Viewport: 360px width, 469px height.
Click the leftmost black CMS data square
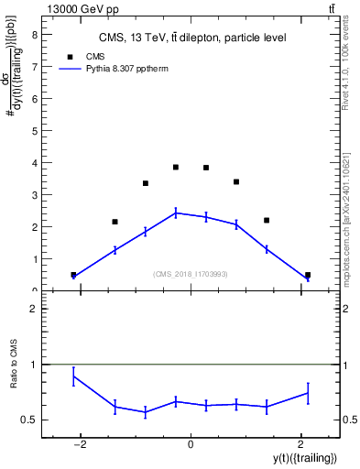pyautogui.click(x=73, y=275)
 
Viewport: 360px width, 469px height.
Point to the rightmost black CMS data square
pyautogui.click(x=308, y=275)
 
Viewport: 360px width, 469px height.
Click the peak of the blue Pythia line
pyautogui.click(x=175, y=213)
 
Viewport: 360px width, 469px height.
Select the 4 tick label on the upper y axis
pyautogui.click(x=34, y=163)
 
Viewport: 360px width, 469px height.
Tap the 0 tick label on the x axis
pyautogui.click(x=191, y=444)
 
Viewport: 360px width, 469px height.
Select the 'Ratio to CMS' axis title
pyautogui.click(x=15, y=377)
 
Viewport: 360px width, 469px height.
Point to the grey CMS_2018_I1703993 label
pyautogui.click(x=191, y=273)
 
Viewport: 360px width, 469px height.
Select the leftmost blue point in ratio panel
pyautogui.click(x=73, y=376)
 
